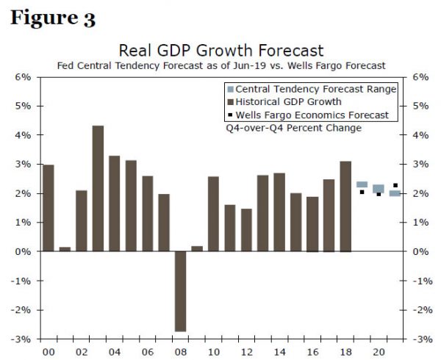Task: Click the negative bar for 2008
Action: (x=180, y=291)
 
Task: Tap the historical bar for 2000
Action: (x=49, y=208)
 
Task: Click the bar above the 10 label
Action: (x=214, y=214)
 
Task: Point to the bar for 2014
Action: (x=279, y=212)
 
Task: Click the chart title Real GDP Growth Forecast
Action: (x=220, y=51)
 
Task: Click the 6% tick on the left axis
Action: (x=23, y=77)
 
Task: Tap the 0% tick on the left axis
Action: (x=23, y=251)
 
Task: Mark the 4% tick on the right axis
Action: (x=420, y=135)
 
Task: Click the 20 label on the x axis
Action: (x=379, y=352)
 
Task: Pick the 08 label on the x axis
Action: (x=180, y=352)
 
